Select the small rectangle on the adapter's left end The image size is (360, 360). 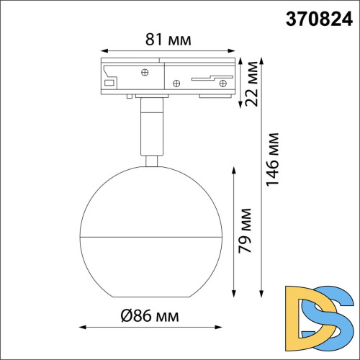click(109, 84)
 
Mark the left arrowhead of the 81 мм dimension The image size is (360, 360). click(102, 51)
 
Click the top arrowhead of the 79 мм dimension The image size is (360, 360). click(234, 170)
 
